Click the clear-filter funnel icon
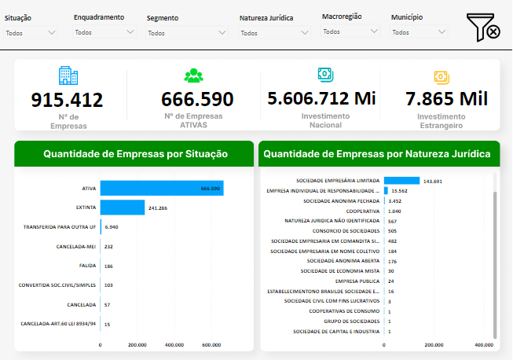point(484,28)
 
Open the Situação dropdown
point(30,32)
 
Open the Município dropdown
point(419,32)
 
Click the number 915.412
point(67,100)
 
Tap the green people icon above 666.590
point(193,76)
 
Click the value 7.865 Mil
point(446,99)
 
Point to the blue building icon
point(68,75)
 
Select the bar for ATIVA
point(161,188)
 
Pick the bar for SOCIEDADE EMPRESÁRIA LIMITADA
point(401,181)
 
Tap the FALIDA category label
point(86,266)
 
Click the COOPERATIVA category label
point(363,211)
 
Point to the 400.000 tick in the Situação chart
point(174,344)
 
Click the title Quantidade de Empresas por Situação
point(135,154)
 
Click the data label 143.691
point(434,181)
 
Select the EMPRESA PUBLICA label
point(357,281)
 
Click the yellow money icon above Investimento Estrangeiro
point(440,76)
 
